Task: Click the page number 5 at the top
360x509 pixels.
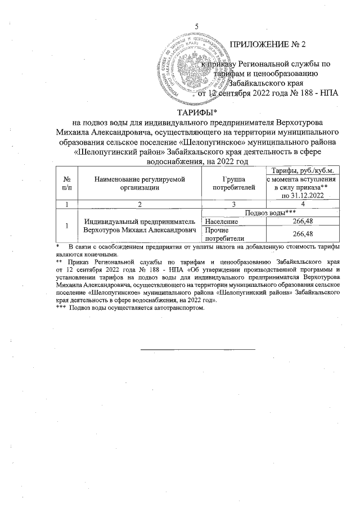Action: (196, 26)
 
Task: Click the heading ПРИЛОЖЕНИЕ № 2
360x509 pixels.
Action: (271, 44)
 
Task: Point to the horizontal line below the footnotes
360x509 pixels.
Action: (197, 349)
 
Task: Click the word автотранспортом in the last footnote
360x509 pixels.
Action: (179, 308)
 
